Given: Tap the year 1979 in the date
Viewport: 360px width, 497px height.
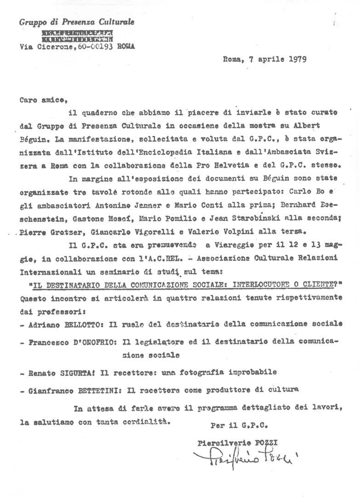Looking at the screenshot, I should (x=298, y=58).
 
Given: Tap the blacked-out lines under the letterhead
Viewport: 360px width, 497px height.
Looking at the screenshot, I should (x=77, y=36).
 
